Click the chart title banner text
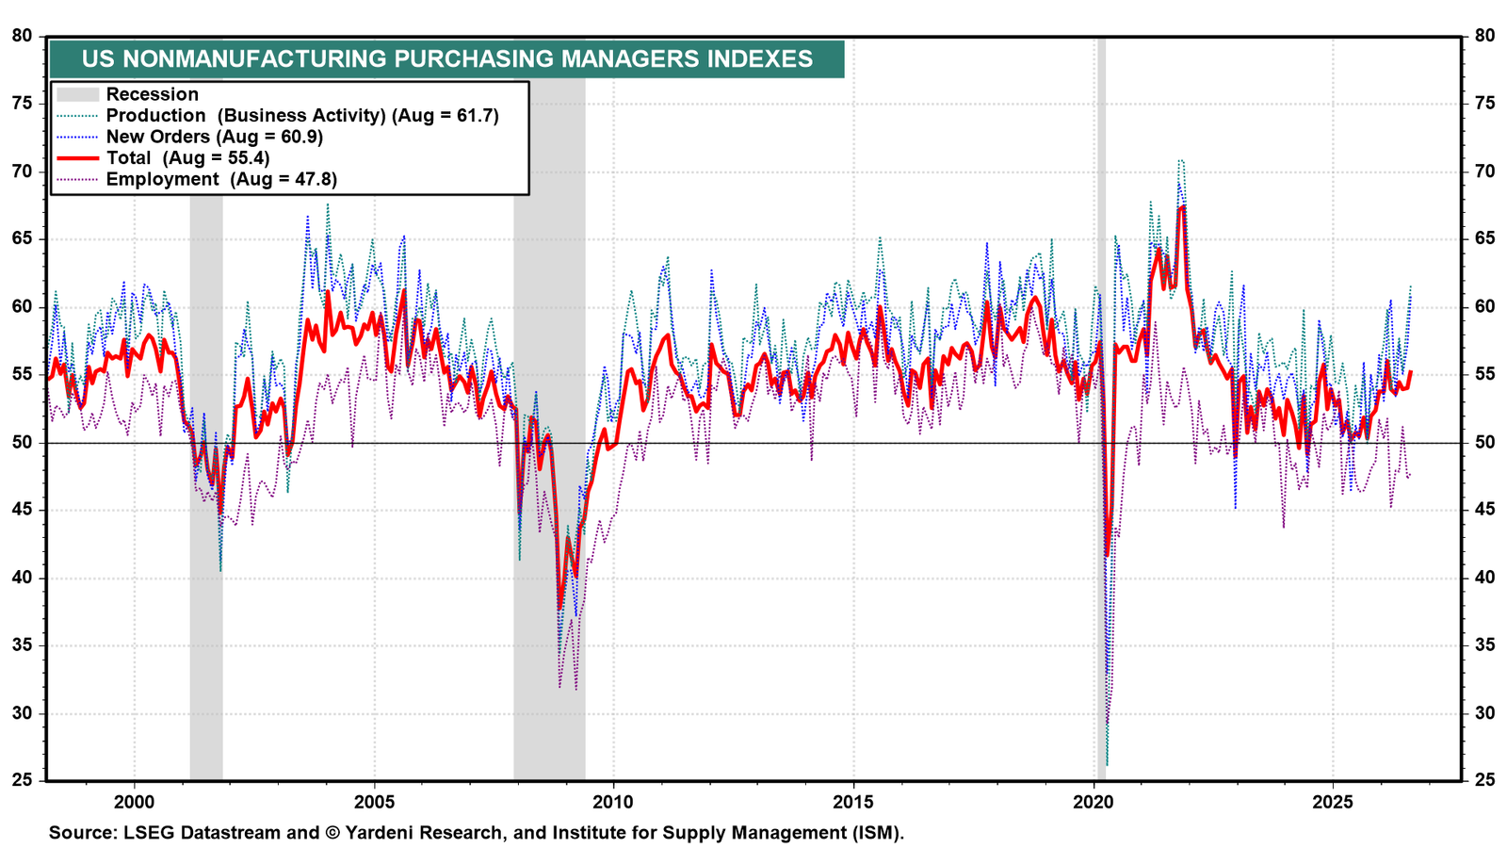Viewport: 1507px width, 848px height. [447, 59]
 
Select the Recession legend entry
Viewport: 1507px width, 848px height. [128, 94]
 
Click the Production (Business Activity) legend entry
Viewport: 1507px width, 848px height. [278, 116]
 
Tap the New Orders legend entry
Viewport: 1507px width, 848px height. [189, 137]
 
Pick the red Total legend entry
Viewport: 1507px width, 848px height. [164, 158]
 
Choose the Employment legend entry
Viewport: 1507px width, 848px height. [197, 180]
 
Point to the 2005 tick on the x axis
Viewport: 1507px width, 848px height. [374, 802]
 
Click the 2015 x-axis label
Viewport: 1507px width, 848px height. [853, 802]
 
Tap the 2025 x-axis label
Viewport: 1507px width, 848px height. [1334, 802]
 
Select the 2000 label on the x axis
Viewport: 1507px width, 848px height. [134, 802]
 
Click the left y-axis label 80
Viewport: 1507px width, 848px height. [23, 36]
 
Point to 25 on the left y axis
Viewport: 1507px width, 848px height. [23, 781]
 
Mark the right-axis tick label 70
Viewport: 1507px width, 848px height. [1484, 171]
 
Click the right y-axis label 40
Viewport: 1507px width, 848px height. [1484, 579]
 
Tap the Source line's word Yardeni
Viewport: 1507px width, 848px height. [388, 833]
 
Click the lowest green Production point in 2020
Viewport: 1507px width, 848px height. [1108, 765]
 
